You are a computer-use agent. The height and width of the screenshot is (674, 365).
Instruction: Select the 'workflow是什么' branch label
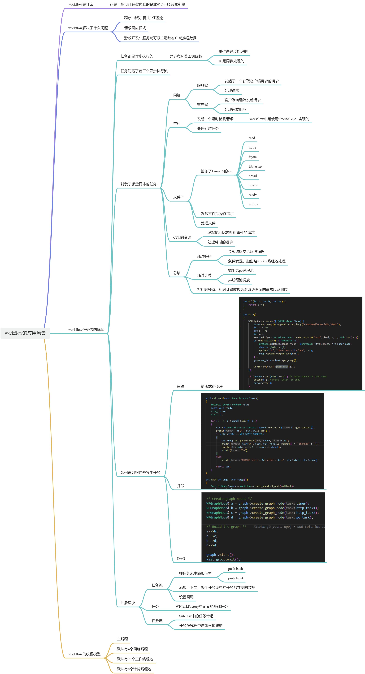pyautogui.click(x=81, y=4)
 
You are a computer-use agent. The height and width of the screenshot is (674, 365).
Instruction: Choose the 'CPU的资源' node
pyautogui.click(x=182, y=237)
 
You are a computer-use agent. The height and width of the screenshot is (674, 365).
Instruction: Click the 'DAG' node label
pyautogui.click(x=181, y=559)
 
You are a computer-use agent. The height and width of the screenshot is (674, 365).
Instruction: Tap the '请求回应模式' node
pyautogui.click(x=135, y=28)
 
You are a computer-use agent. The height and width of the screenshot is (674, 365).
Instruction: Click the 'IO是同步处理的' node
pyautogui.click(x=231, y=61)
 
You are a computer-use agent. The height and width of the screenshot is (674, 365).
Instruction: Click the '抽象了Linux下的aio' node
pyautogui.click(x=216, y=171)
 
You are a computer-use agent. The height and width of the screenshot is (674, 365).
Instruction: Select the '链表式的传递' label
pyautogui.click(x=212, y=386)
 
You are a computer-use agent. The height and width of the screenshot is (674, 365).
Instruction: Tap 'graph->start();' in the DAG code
pyautogui.click(x=220, y=555)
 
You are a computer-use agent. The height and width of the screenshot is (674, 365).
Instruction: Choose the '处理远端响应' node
pyautogui.click(x=235, y=109)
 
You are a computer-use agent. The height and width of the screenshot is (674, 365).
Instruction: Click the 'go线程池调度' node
pyautogui.click(x=239, y=280)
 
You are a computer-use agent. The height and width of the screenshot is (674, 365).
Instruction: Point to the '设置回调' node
pyautogui.click(x=186, y=597)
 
